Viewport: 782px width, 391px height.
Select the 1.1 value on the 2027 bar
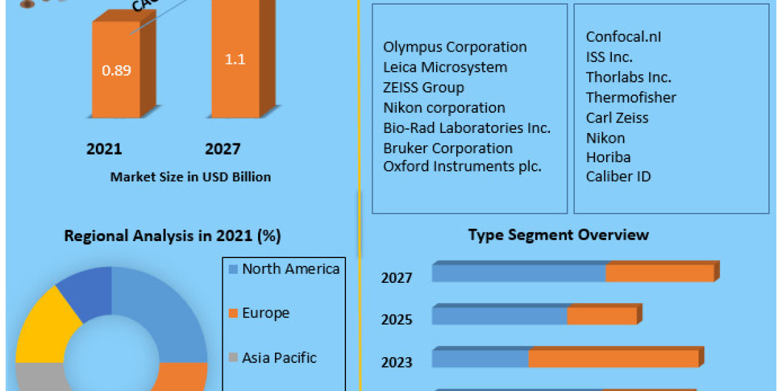235,58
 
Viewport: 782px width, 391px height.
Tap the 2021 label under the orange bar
104,149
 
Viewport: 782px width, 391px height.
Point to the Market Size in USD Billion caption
190,177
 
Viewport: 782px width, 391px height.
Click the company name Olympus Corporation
455,47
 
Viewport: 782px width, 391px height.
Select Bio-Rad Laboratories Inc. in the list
467,128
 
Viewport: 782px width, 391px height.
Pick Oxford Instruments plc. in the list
462,166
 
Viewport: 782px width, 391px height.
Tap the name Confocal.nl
624,37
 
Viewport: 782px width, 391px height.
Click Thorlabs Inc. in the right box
628,77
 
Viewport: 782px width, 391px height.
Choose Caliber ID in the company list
618,176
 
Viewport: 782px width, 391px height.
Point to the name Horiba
608,157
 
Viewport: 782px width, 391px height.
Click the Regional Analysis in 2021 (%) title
172,236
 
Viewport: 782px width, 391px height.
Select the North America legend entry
290,268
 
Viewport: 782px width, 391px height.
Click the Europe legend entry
265,313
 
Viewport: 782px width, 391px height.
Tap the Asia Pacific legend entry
279,358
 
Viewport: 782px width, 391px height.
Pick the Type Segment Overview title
558,235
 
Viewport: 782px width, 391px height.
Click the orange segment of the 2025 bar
601,316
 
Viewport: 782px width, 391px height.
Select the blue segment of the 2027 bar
518,274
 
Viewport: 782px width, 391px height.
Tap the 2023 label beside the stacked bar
397,362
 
